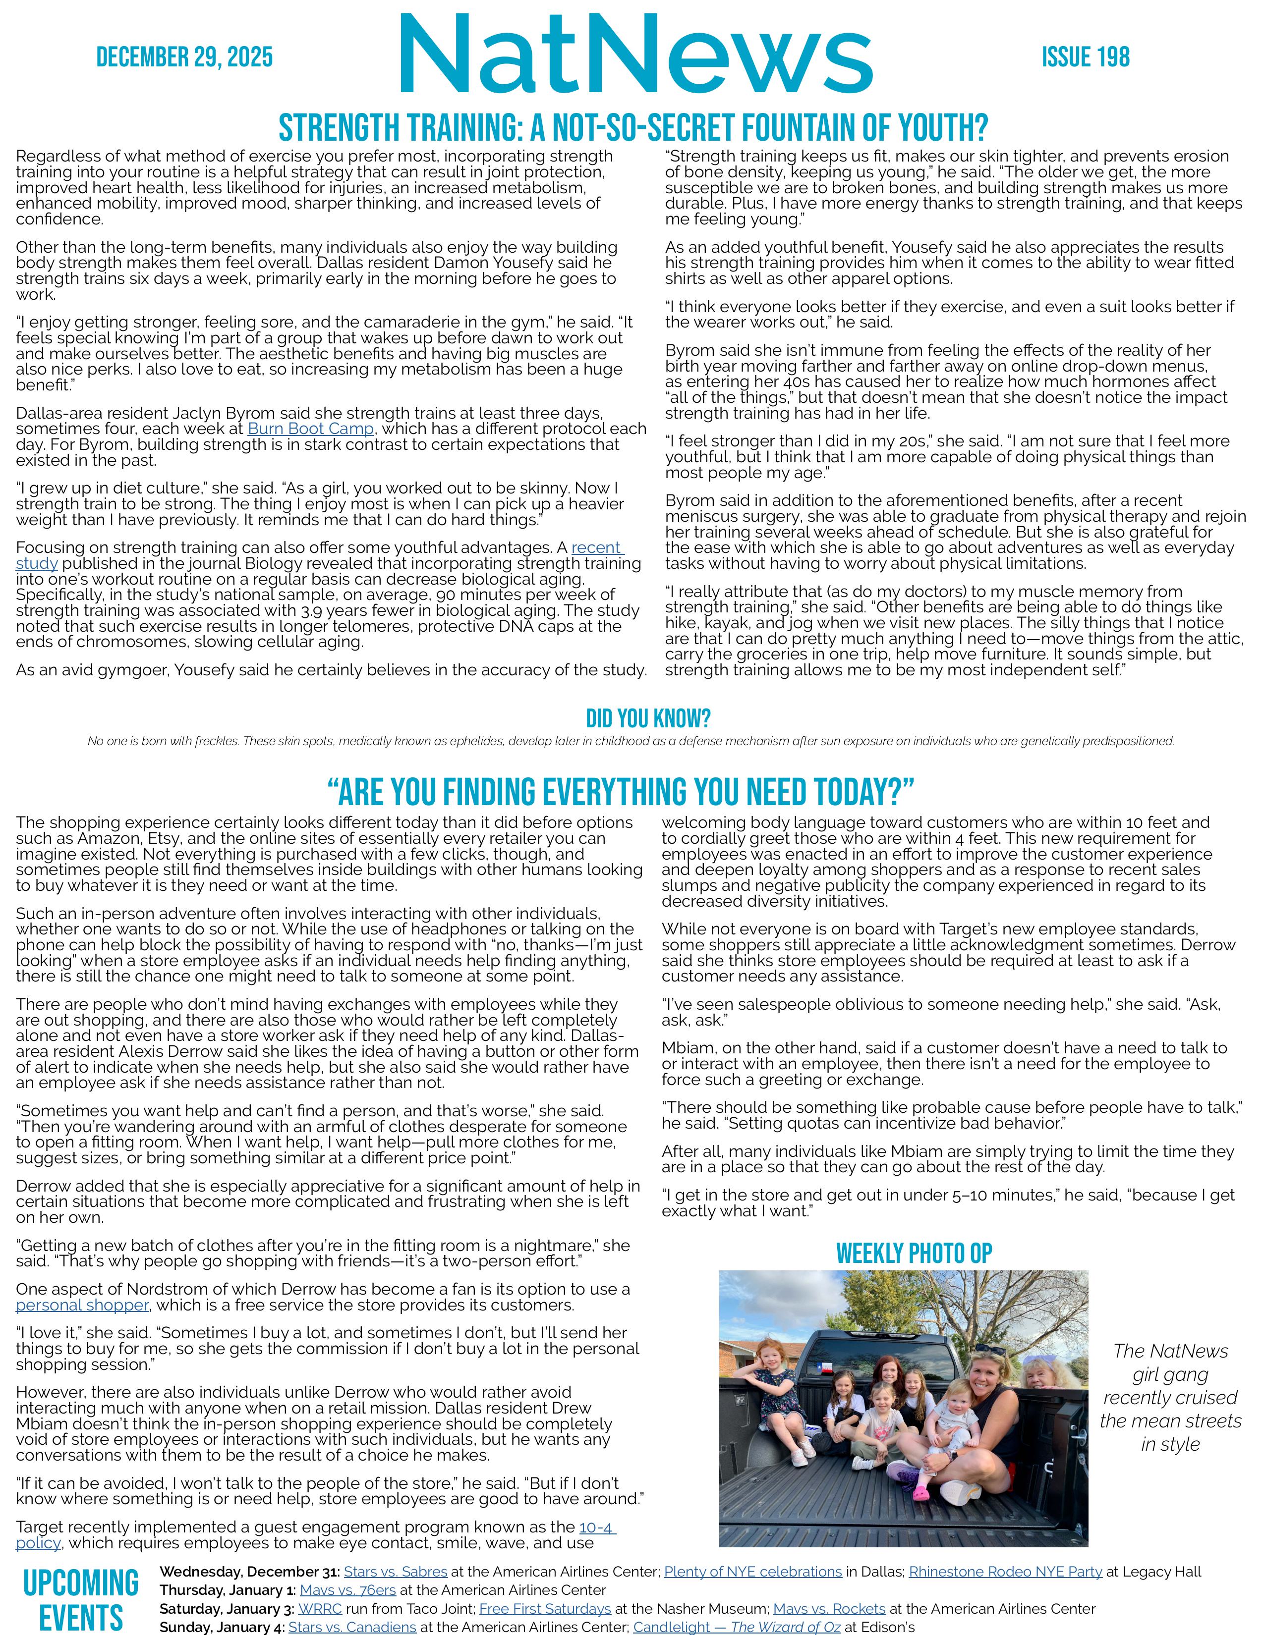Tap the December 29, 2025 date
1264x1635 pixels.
pyautogui.click(x=184, y=57)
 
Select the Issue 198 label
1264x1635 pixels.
pyautogui.click(x=1085, y=57)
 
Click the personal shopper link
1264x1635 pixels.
pyautogui.click(x=82, y=1305)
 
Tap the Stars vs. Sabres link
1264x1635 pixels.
pyautogui.click(x=396, y=1572)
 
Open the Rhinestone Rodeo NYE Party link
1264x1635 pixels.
pyautogui.click(x=1005, y=1572)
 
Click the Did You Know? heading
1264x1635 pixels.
pyautogui.click(x=648, y=719)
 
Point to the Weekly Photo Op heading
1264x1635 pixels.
pyautogui.click(x=914, y=1253)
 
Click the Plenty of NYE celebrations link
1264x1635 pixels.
pyautogui.click(x=752, y=1572)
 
